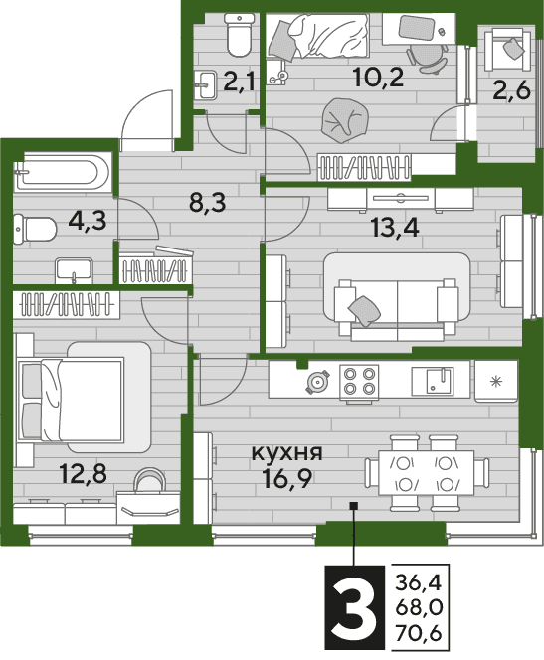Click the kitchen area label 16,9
click(x=286, y=477)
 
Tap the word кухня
click(x=286, y=453)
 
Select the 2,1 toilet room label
click(x=239, y=82)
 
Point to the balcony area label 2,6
click(x=511, y=90)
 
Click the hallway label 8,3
click(x=208, y=203)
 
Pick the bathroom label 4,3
click(x=88, y=220)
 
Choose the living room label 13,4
click(x=395, y=229)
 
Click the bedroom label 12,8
click(x=84, y=474)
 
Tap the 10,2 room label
click(x=379, y=78)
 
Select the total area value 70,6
click(x=418, y=633)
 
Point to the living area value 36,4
click(x=418, y=583)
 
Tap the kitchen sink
click(x=433, y=381)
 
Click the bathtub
click(x=64, y=172)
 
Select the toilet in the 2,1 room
click(x=239, y=35)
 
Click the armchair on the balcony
click(x=505, y=50)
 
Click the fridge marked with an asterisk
click(x=496, y=381)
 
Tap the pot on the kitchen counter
click(x=318, y=381)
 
